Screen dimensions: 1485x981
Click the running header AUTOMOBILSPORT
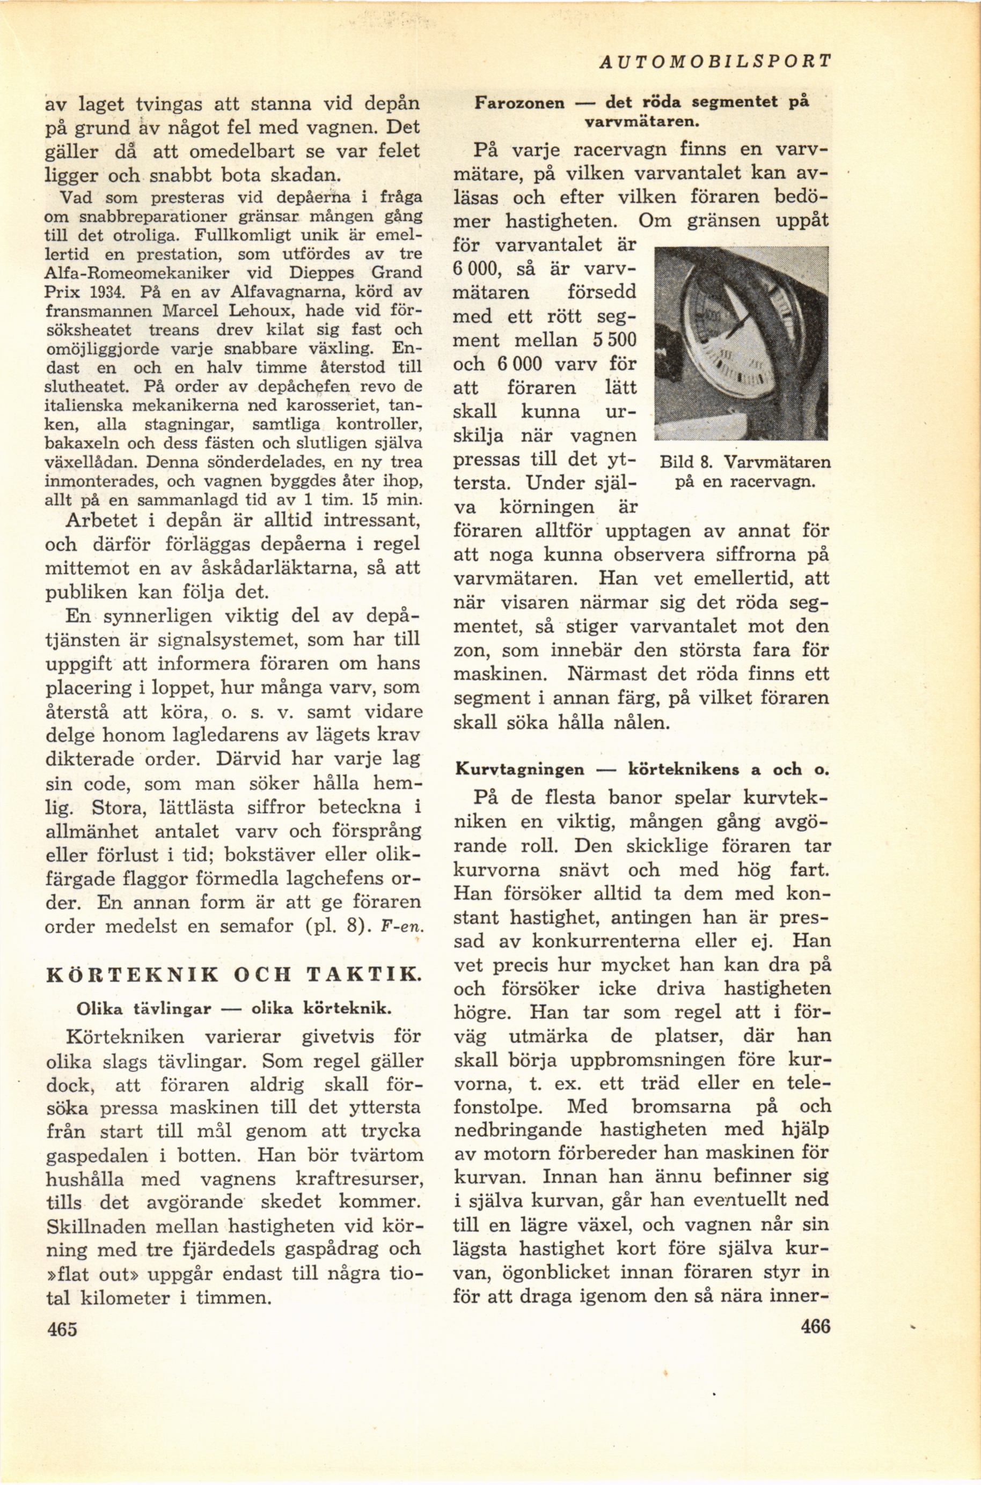tap(714, 61)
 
